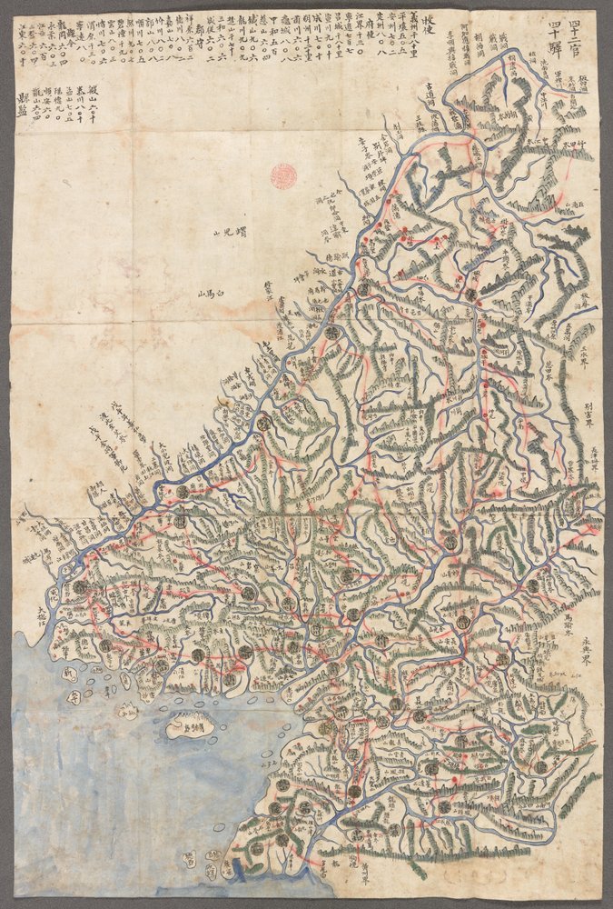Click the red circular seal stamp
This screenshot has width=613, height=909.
point(284,174)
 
